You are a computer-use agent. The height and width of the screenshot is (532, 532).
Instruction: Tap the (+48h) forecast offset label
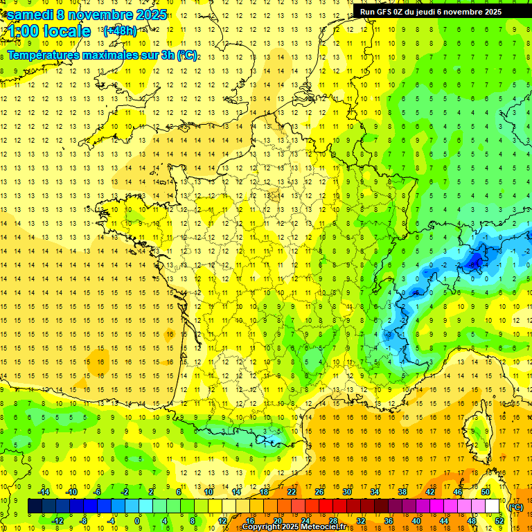click(x=119, y=30)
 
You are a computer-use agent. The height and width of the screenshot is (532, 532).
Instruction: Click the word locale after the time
click(x=67, y=31)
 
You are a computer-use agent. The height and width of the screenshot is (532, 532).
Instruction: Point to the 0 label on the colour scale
click(x=137, y=521)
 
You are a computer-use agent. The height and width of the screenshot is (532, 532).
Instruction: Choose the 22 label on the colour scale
click(x=292, y=492)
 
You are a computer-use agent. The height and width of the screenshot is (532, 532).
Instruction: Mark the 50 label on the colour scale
click(x=486, y=492)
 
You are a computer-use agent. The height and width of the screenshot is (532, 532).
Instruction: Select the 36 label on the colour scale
click(x=389, y=521)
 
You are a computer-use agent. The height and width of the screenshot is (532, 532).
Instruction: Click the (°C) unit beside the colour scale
click(x=516, y=506)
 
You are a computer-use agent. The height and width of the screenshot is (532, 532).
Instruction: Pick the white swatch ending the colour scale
click(x=493, y=506)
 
